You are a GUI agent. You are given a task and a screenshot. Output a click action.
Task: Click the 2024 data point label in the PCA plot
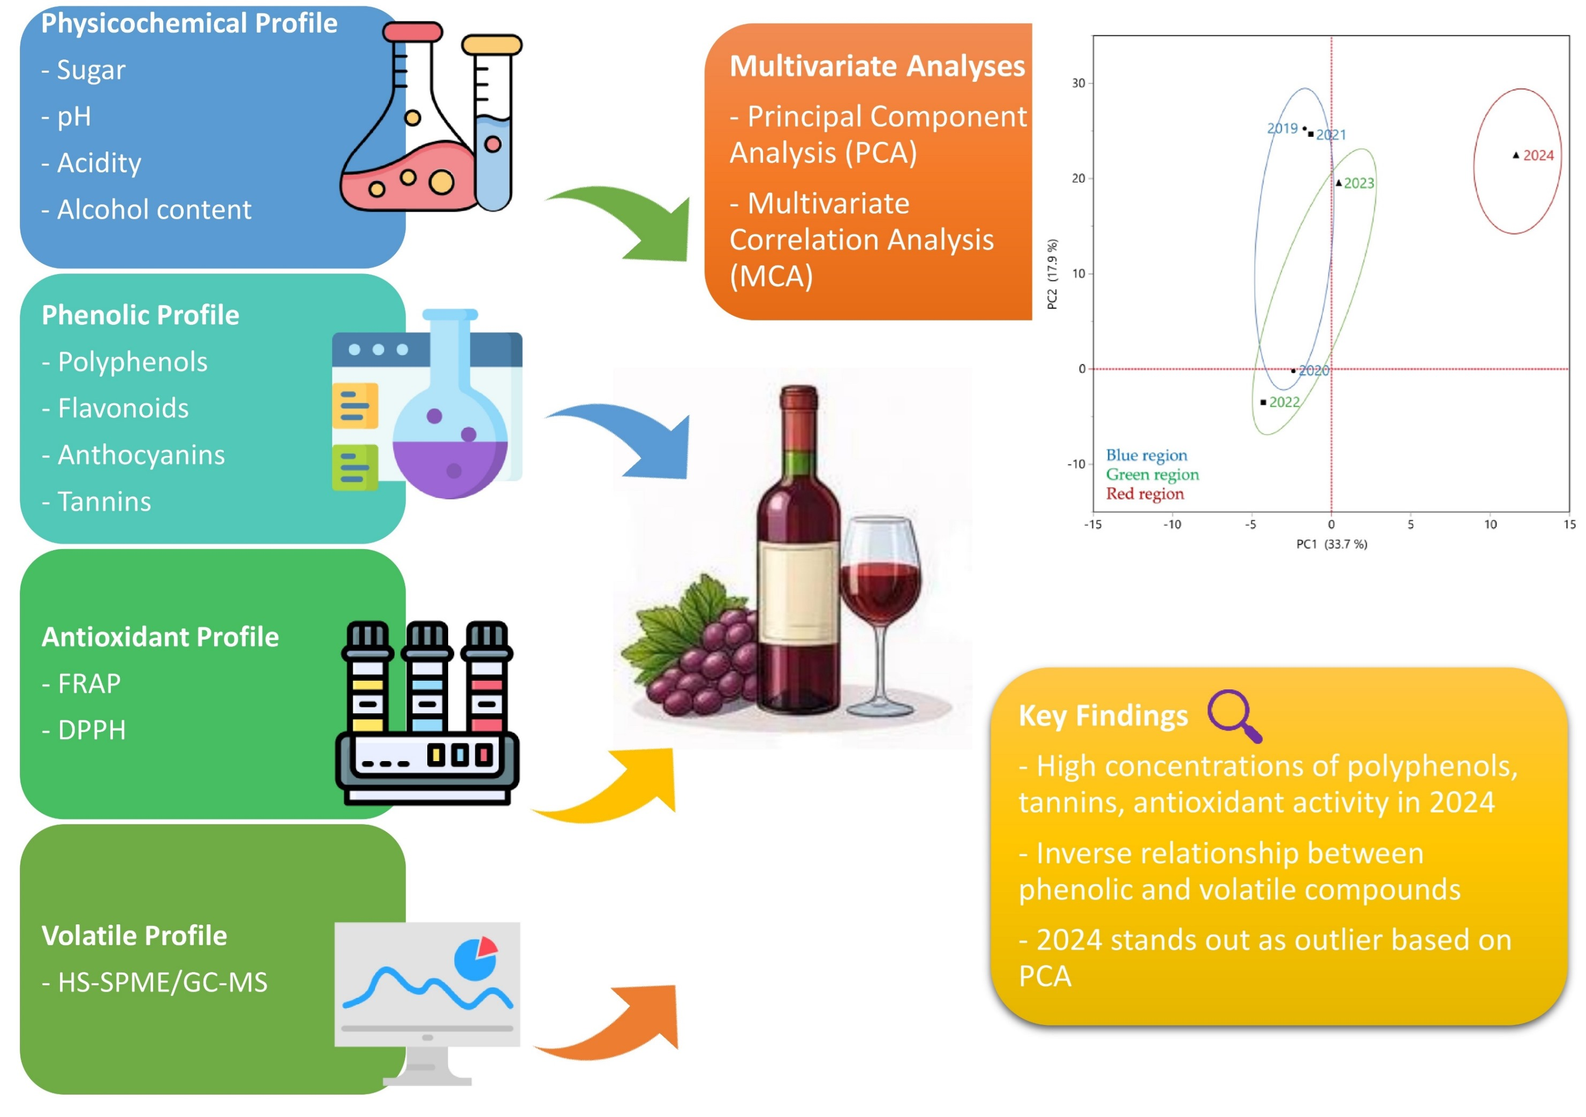(1538, 155)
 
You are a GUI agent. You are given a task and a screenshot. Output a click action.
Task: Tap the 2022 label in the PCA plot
(1284, 402)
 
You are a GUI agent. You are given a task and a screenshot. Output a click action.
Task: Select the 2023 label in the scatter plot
(1359, 183)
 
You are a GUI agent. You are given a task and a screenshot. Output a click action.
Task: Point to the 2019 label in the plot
(1282, 128)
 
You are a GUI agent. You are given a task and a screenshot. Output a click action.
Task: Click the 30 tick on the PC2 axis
(1078, 83)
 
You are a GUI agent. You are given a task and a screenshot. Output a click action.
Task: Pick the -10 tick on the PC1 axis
(1172, 525)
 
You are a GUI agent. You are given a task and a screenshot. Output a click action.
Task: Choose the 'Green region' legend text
(1152, 474)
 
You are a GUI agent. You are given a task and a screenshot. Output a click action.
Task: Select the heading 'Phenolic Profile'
(140, 315)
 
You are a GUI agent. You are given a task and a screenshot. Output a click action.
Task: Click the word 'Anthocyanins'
(141, 455)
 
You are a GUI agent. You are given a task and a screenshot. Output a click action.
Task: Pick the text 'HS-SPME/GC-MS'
(162, 982)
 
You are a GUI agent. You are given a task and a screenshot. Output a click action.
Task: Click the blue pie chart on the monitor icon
(474, 960)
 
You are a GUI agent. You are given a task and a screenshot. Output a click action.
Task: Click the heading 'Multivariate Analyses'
(877, 66)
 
